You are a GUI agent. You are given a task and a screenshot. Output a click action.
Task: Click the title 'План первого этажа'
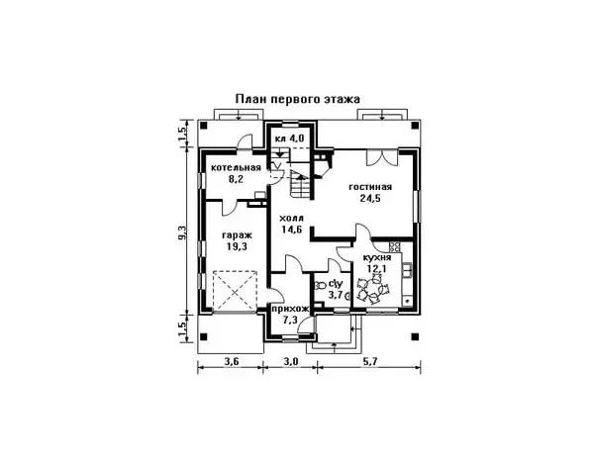(297, 99)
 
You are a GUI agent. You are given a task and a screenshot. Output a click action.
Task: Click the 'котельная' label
(236, 167)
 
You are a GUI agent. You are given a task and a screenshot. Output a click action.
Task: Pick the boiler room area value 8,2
(235, 180)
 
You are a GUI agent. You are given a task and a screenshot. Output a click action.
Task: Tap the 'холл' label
(292, 218)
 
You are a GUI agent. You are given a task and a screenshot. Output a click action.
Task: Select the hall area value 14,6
(292, 231)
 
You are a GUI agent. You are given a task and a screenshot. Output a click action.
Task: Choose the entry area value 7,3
(290, 322)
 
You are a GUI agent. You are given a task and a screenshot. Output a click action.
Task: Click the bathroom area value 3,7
(334, 294)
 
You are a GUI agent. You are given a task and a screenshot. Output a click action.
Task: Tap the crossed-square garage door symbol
(234, 291)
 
